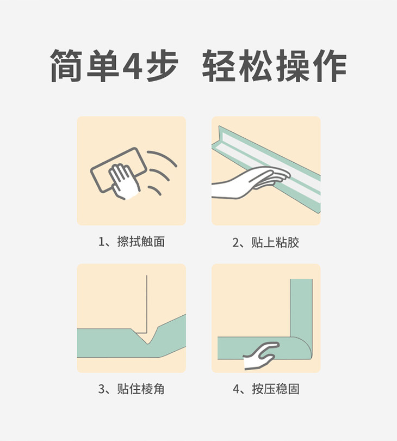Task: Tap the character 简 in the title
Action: click(66, 66)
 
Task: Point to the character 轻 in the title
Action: click(219, 66)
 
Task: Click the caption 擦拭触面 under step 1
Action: click(141, 242)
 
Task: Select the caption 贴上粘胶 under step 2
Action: click(275, 242)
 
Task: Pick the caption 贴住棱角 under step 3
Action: click(141, 389)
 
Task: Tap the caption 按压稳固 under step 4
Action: click(276, 389)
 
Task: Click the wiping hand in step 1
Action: click(124, 181)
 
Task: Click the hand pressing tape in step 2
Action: click(250, 181)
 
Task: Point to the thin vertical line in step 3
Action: click(146, 304)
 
